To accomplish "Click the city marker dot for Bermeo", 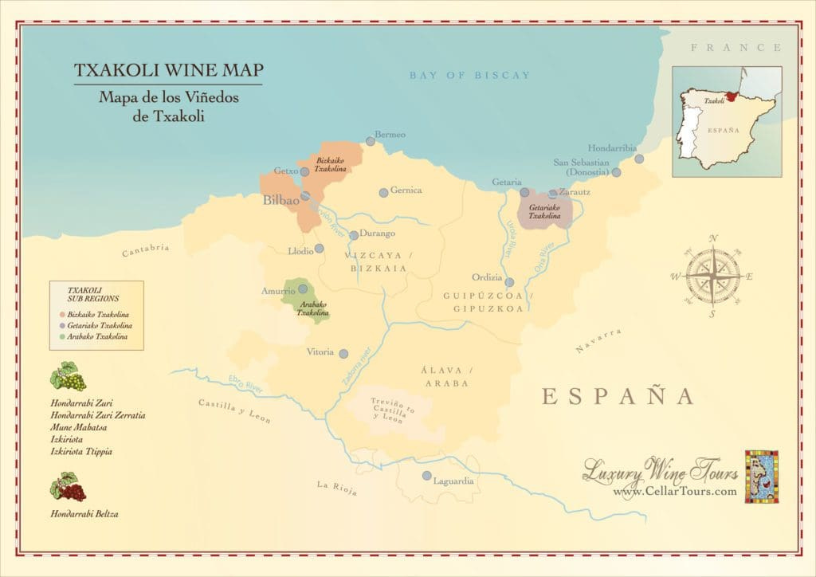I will tap(371, 141).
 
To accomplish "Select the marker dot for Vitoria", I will tap(343, 354).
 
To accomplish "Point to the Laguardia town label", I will tap(453, 481).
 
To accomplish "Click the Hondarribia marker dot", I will tap(639, 159).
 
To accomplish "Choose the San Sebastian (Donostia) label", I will tap(582, 167).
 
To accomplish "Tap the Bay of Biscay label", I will tap(469, 76).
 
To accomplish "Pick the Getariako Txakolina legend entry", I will tap(100, 325).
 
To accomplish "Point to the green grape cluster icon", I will tap(68, 377).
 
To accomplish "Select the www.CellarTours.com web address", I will tap(675, 492).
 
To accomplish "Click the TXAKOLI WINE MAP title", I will tap(168, 71).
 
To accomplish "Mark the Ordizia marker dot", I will tap(509, 282).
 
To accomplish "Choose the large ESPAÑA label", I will tap(618, 396).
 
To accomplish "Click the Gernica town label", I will tap(406, 190).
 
